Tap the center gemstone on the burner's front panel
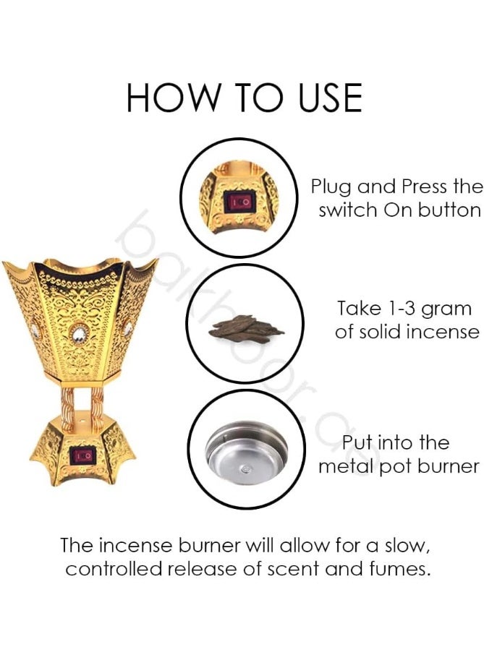pos(76,335)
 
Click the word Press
pos(425,187)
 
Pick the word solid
pos(383,332)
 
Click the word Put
pos(359,442)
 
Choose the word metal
pos(346,466)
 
